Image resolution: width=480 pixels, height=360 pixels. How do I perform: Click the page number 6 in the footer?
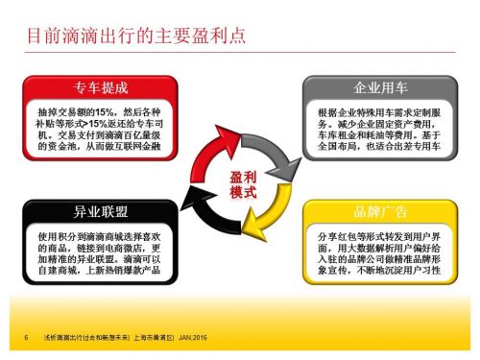coord(24,338)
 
